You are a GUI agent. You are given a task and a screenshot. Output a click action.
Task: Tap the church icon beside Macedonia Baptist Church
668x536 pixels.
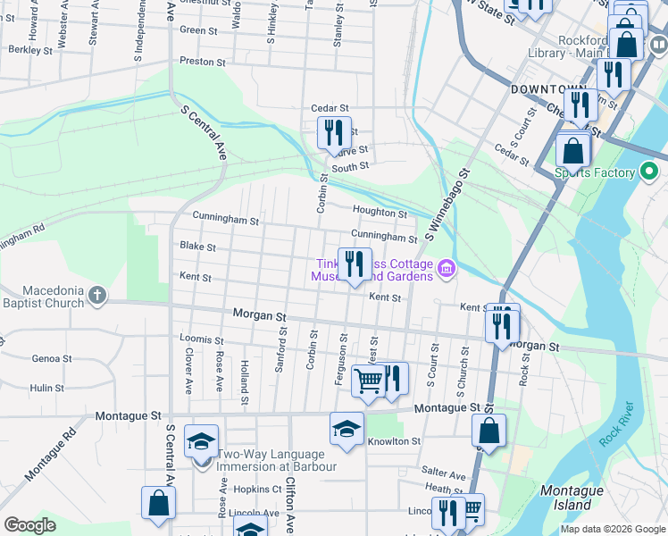tap(97, 294)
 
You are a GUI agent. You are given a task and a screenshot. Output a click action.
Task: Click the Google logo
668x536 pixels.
tap(29, 525)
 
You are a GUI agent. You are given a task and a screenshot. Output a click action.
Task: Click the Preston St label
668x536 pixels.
tap(202, 62)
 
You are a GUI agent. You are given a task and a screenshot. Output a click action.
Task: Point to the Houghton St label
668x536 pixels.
tap(380, 213)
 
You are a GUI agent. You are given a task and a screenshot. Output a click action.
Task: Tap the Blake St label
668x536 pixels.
tap(197, 246)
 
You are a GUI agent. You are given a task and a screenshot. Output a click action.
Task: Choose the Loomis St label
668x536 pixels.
tap(201, 339)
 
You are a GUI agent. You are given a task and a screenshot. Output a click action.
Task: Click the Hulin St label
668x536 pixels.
tap(46, 388)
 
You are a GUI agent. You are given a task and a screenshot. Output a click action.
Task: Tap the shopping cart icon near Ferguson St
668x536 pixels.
tap(368, 381)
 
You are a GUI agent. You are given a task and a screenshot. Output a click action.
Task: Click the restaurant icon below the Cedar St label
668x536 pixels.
tap(334, 133)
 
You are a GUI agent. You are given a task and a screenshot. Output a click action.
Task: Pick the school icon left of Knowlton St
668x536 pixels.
tap(347, 429)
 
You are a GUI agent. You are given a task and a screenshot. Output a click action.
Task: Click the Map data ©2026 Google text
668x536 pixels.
tap(613, 529)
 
